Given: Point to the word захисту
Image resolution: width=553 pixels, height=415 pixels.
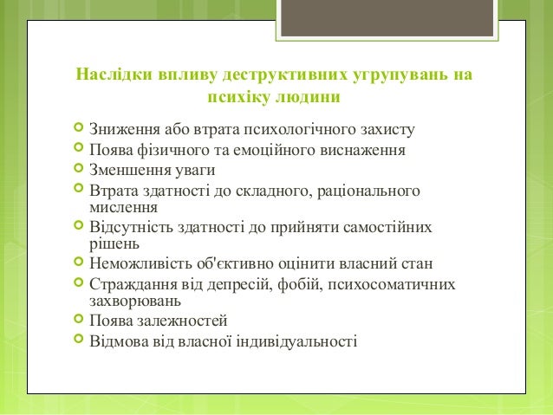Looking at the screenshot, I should point(382,131).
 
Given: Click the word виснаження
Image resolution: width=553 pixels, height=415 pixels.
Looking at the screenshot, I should point(365,151).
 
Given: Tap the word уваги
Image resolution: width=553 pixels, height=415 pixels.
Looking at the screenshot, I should point(192,170).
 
